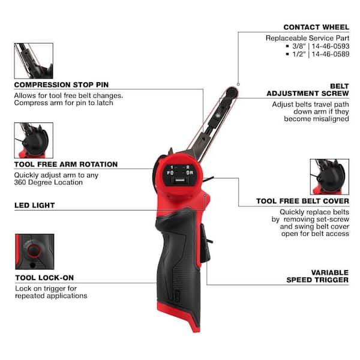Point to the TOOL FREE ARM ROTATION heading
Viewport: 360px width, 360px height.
pyautogui.click(x=66, y=164)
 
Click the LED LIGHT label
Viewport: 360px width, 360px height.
pyautogui.click(x=35, y=205)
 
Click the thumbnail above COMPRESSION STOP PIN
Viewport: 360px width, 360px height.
pyautogui.click(x=34, y=61)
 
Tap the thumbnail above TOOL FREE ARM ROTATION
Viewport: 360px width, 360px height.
pyautogui.click(x=34, y=140)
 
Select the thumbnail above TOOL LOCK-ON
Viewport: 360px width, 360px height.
pyautogui.click(x=34, y=252)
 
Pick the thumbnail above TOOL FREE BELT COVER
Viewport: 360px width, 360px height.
pyautogui.click(x=329, y=177)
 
